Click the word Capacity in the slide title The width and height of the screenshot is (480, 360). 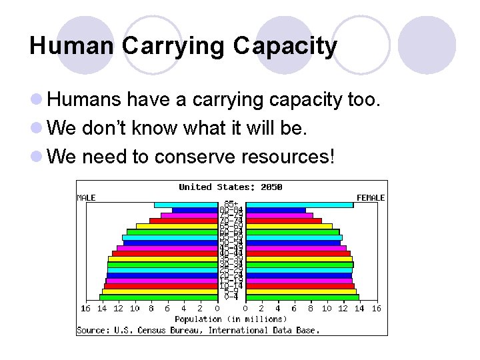[285, 47]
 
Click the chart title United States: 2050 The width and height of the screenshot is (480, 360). [231, 187]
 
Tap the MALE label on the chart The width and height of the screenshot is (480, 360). [87, 197]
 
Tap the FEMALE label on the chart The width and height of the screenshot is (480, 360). [371, 197]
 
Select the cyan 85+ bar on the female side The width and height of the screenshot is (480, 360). [299, 205]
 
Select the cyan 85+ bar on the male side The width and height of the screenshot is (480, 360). [186, 205]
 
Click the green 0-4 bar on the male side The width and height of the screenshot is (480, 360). [159, 297]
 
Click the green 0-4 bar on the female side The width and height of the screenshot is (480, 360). [302, 297]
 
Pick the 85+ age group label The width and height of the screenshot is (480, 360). [231, 204]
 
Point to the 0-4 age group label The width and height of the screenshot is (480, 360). [231, 297]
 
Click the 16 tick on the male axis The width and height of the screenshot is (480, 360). [85, 309]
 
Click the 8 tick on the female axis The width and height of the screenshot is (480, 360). [311, 309]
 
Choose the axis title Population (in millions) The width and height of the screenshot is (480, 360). [231, 319]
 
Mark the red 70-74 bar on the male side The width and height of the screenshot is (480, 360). [183, 221]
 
